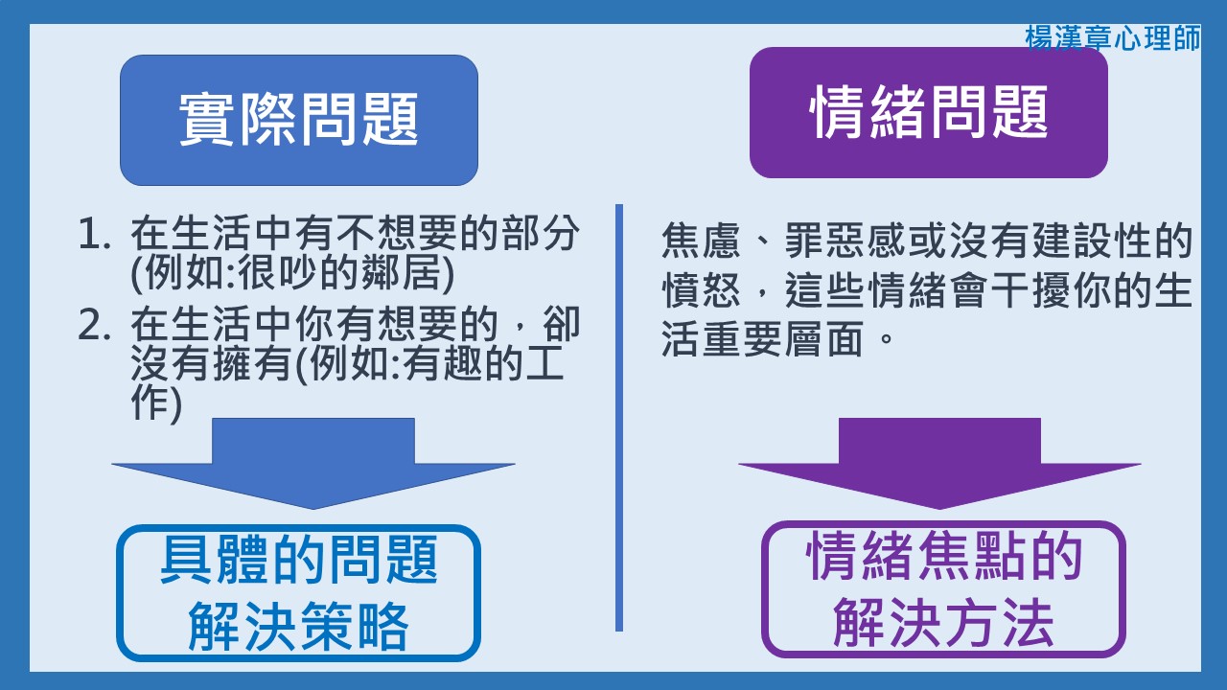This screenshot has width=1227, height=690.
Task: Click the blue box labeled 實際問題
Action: click(x=299, y=120)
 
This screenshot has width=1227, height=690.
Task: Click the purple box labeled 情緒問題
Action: click(x=928, y=113)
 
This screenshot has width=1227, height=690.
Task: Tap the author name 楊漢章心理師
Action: click(x=1112, y=38)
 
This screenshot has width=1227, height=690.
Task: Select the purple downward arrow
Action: click(x=939, y=463)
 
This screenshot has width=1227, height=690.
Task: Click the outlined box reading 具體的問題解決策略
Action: click(x=298, y=592)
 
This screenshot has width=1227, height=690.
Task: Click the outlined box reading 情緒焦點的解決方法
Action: click(x=943, y=588)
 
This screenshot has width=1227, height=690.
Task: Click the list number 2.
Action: click(x=95, y=327)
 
